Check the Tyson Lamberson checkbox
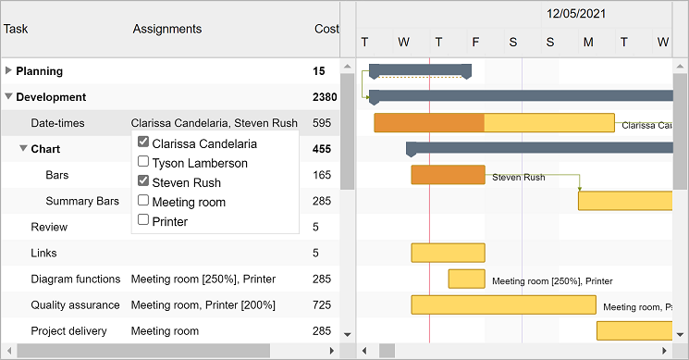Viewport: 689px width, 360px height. pos(143,161)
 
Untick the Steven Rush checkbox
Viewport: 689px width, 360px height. pos(143,180)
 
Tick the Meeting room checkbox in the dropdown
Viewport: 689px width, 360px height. pos(143,200)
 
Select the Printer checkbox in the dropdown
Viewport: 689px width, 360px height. pos(143,219)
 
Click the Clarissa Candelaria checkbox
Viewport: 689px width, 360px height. pos(143,142)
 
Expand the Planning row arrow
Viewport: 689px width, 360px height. pos(8,70)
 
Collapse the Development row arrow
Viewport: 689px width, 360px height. pos(8,96)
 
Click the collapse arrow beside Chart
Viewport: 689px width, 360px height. pos(23,149)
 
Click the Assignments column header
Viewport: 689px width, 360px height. pos(167,29)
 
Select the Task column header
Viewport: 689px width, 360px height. pos(16,29)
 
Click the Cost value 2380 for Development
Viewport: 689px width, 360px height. pos(325,97)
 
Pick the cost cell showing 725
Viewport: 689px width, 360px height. pos(322,305)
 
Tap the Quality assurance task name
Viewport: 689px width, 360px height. pos(75,305)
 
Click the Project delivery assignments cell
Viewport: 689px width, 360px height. pos(165,331)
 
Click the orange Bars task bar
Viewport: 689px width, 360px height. pos(449,175)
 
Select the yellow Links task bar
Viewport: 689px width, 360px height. pos(449,253)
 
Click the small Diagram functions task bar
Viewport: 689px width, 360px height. pos(467,279)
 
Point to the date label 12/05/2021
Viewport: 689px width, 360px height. pos(576,14)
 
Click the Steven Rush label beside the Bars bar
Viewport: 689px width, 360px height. pos(519,177)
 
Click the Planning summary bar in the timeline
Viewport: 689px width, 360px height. pos(420,70)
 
